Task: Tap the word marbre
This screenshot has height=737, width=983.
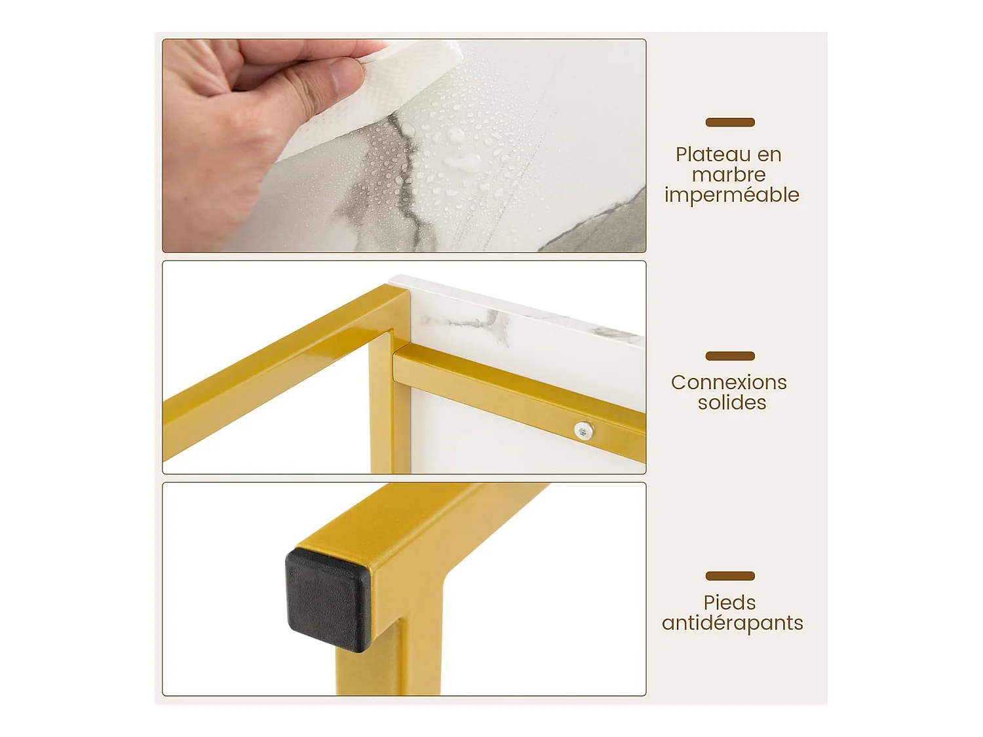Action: (x=729, y=174)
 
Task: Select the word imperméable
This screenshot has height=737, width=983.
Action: (x=732, y=195)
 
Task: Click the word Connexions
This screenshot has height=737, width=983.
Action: (x=729, y=383)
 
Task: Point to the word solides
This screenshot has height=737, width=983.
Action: (x=732, y=402)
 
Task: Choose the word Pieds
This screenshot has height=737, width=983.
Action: (x=729, y=603)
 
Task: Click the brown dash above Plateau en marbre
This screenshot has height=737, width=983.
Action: (x=730, y=122)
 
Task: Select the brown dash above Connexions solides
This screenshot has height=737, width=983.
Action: (x=730, y=356)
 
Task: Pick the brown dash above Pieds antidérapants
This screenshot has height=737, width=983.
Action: (x=730, y=576)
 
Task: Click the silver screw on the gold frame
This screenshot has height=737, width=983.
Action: (x=583, y=431)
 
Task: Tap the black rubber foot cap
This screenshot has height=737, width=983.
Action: (x=329, y=599)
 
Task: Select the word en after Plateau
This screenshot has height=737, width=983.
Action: (x=769, y=155)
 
